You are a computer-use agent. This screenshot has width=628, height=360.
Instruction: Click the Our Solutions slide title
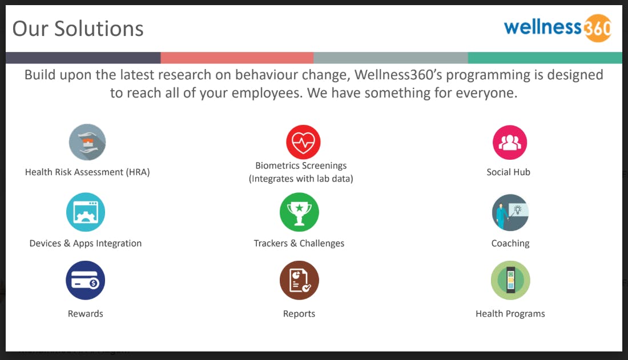(x=78, y=29)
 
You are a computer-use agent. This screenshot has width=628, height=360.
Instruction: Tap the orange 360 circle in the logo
(x=597, y=28)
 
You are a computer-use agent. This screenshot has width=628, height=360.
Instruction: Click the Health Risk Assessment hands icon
(x=87, y=142)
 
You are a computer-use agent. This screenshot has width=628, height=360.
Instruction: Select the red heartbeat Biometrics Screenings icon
(x=303, y=142)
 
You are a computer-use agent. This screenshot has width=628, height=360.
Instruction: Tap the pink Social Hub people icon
(x=509, y=142)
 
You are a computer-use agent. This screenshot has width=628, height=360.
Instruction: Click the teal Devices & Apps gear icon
(x=86, y=212)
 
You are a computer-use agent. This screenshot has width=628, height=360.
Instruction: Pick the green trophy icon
(x=299, y=212)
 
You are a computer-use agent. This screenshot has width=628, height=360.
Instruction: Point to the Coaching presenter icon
(x=510, y=212)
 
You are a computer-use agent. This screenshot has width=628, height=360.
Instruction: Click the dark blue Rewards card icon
(x=86, y=280)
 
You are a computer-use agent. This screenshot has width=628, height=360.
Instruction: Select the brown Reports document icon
(x=299, y=280)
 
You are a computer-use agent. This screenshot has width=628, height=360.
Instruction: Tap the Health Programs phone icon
(x=510, y=280)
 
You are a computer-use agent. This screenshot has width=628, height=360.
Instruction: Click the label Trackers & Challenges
(x=299, y=244)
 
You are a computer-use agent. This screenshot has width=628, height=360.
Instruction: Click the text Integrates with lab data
(x=301, y=179)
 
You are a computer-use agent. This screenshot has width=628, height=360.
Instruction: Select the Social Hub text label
(x=508, y=172)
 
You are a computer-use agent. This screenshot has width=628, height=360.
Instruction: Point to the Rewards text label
(x=86, y=314)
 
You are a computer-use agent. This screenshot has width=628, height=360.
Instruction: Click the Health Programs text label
(x=510, y=314)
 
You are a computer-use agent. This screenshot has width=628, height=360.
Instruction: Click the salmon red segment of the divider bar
(x=237, y=58)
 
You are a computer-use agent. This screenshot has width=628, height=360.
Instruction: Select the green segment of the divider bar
(x=545, y=58)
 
